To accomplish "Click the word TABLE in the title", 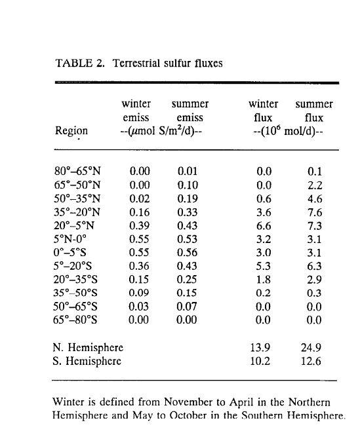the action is [74, 63].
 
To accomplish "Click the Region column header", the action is [71, 130].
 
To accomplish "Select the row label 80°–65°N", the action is [77, 171].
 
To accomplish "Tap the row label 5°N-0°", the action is [70, 239].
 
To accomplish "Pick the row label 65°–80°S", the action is [75, 320].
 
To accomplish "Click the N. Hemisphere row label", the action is [88, 348].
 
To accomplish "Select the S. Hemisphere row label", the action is [87, 361].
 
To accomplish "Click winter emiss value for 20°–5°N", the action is [139, 226].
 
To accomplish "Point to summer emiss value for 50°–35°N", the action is [188, 198].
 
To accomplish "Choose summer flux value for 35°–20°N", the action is [315, 212].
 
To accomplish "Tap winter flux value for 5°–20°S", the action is [264, 266].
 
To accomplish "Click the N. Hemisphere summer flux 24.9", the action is [311, 348].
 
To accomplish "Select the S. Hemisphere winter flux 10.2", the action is [260, 361].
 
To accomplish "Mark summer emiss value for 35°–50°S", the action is [187, 293].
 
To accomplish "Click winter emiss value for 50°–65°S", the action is [139, 306].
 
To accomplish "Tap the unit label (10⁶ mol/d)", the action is [288, 132].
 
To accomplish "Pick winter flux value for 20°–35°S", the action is [264, 279].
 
